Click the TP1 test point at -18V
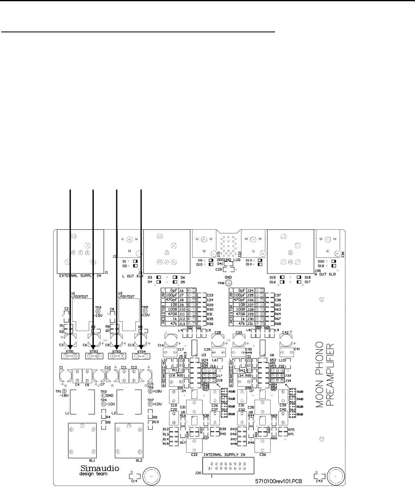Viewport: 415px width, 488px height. tap(63, 391)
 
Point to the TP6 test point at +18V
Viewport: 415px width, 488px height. tap(150, 391)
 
